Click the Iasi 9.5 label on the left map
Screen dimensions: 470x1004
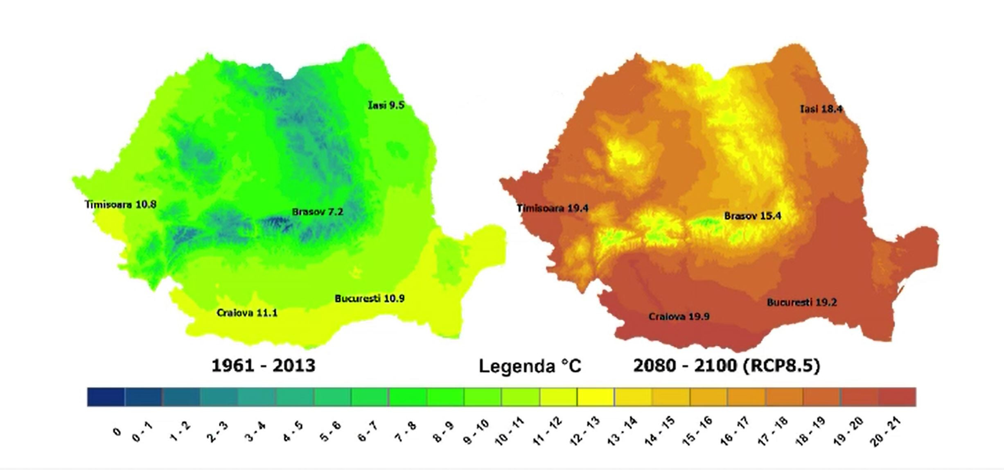point(386,105)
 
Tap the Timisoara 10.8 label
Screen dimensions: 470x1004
point(120,204)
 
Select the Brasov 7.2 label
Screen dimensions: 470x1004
point(317,212)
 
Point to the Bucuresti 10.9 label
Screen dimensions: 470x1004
point(370,299)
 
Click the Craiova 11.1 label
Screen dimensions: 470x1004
point(247,313)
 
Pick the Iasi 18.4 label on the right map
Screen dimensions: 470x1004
point(821,109)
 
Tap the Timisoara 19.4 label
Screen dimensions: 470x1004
point(553,208)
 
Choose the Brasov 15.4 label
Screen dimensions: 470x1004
point(752,216)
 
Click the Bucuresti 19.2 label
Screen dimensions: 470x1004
point(802,303)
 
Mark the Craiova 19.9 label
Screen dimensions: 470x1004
point(679,317)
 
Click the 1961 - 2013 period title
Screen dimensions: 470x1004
point(263,365)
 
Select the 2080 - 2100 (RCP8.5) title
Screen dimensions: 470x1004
point(726,365)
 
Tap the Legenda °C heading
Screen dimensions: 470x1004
point(530,366)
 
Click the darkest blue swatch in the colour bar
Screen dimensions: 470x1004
point(106,397)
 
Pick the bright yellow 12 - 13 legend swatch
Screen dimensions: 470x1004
point(596,397)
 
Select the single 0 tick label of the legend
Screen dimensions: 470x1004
point(117,432)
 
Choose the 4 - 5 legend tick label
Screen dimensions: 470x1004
point(293,432)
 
